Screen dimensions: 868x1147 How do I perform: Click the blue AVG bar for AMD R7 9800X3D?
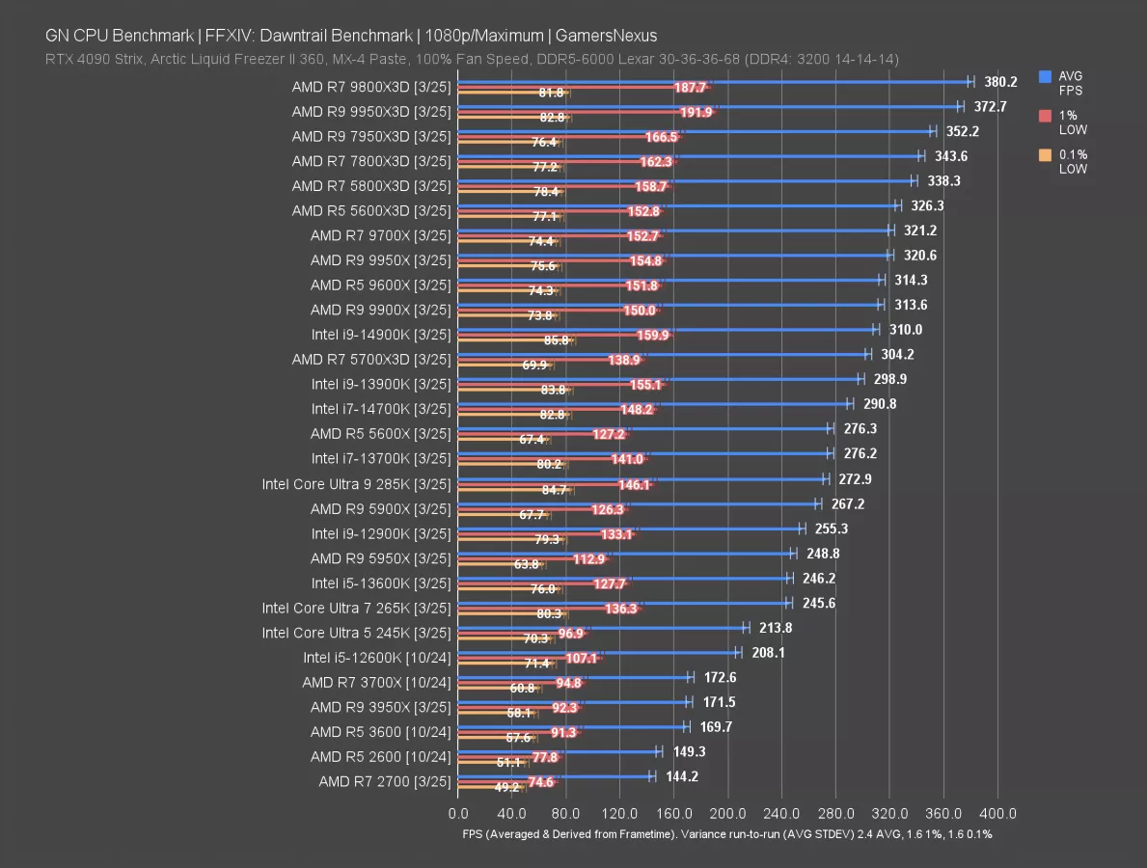point(714,82)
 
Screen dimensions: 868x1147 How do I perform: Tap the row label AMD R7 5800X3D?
point(370,185)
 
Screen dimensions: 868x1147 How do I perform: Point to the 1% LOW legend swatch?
point(1046,116)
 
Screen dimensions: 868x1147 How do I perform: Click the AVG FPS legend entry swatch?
point(1046,76)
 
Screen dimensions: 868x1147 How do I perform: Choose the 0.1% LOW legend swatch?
point(1046,155)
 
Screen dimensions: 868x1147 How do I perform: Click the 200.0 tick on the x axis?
point(727,813)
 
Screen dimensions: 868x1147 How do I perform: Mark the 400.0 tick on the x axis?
point(997,813)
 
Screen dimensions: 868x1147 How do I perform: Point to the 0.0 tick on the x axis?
point(458,813)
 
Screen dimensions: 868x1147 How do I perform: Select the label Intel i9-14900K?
point(380,335)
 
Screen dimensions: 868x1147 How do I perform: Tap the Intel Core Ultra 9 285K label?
point(356,484)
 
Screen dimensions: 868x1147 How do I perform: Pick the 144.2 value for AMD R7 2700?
point(682,776)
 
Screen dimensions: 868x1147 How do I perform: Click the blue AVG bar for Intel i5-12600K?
point(598,652)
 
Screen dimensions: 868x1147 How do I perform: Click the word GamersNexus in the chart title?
point(609,36)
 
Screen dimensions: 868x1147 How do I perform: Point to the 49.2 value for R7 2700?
point(505,787)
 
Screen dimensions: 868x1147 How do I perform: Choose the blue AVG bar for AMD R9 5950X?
point(625,553)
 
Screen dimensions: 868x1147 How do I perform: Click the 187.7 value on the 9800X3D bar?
point(691,87)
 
